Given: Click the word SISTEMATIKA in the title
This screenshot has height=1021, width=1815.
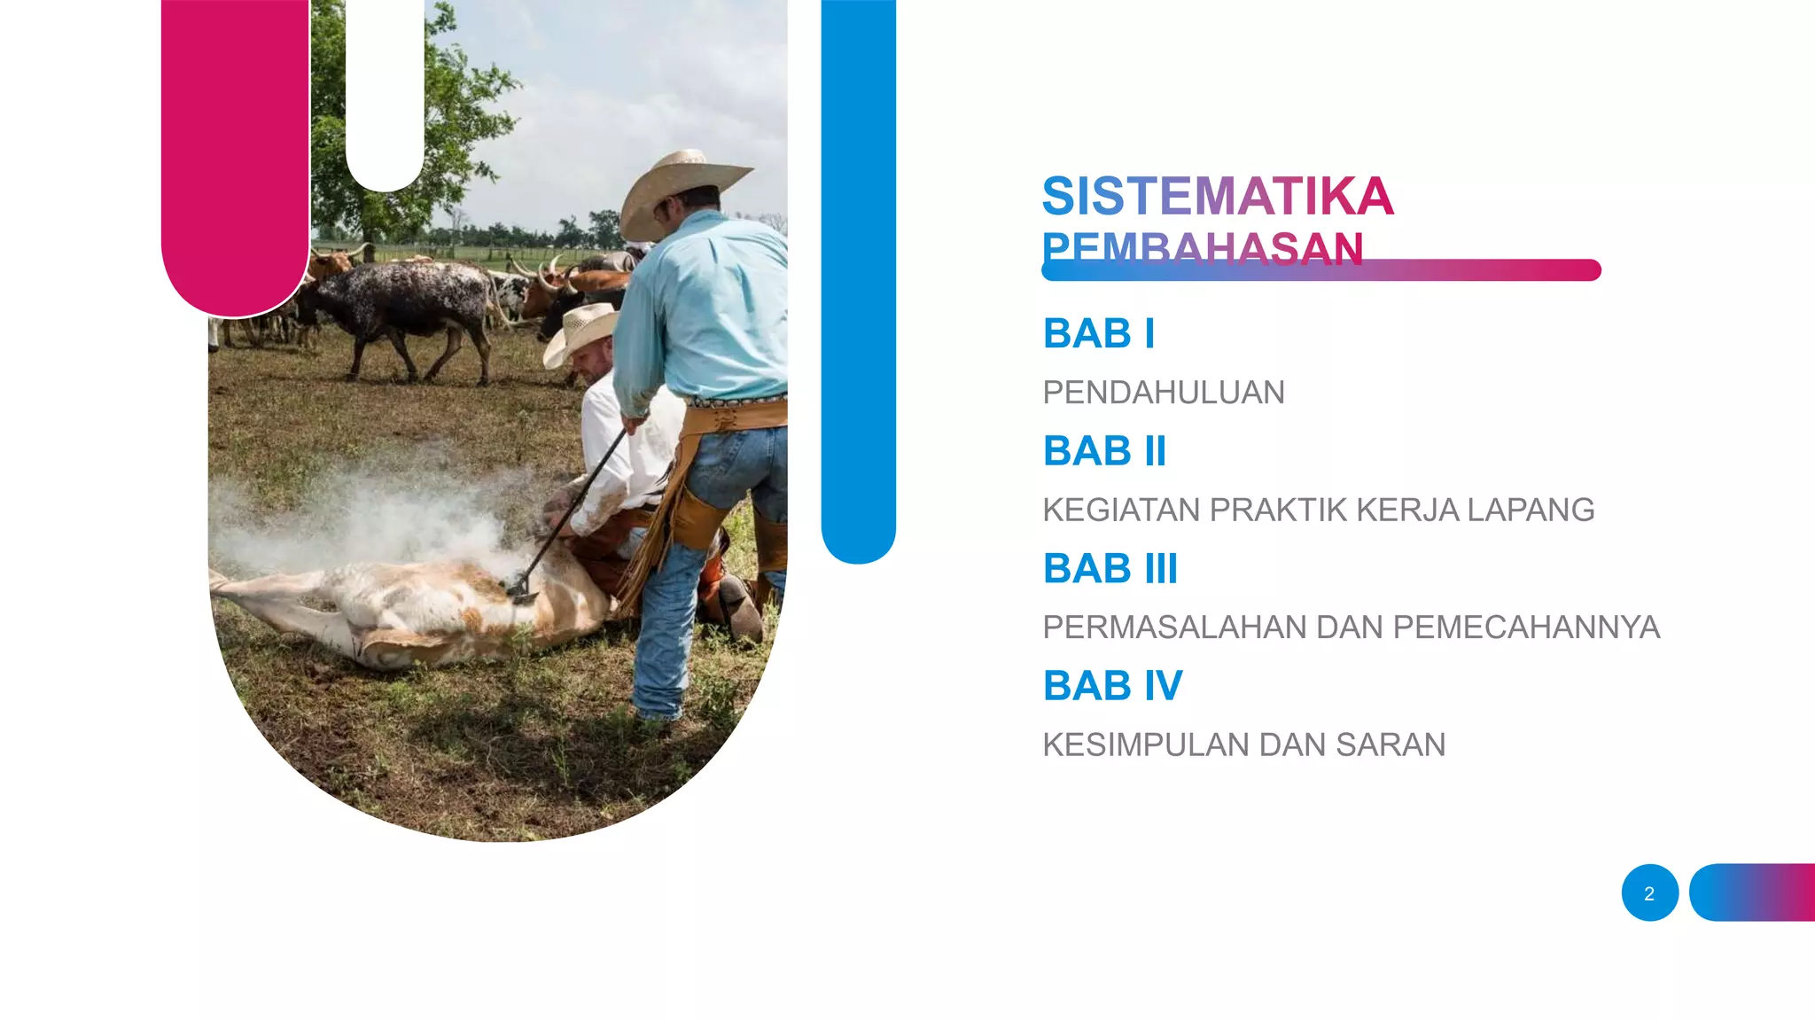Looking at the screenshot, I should pyautogui.click(x=1217, y=196).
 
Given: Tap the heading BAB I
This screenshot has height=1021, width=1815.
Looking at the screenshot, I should pyautogui.click(x=1098, y=334).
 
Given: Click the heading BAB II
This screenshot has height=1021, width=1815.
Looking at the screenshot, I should pyautogui.click(x=1104, y=451).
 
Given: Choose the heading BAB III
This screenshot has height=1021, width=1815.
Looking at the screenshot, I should pyautogui.click(x=1110, y=569).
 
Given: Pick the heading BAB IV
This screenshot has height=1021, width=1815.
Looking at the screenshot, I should pyautogui.click(x=1112, y=686).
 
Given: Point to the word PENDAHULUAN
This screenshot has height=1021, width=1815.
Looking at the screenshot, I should pyautogui.click(x=1163, y=393).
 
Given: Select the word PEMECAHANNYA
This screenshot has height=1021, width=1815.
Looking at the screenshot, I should pyautogui.click(x=1526, y=627).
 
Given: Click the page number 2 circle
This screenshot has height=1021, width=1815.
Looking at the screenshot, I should pyautogui.click(x=1649, y=892).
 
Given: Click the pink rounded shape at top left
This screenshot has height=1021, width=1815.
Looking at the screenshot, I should pyautogui.click(x=236, y=160).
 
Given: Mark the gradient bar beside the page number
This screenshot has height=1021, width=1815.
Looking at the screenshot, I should pyautogui.click(x=1752, y=892).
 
